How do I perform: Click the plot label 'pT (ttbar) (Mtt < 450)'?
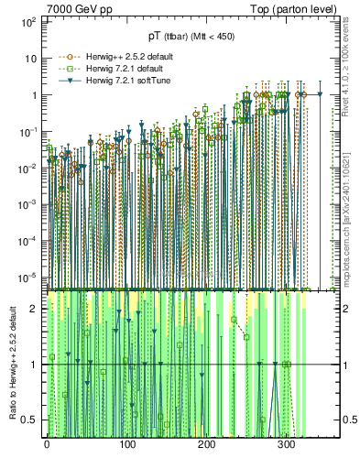191,37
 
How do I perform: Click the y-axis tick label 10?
30,58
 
